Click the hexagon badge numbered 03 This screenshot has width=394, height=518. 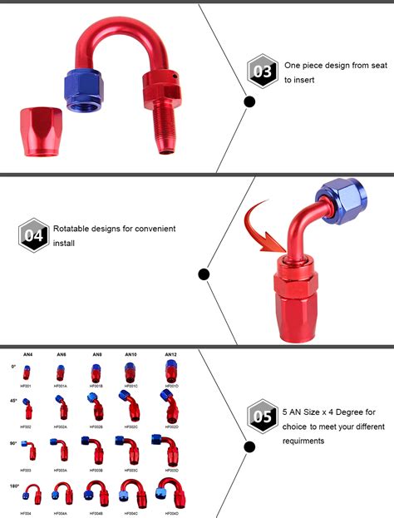[263, 72]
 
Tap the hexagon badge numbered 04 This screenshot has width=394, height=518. [33, 236]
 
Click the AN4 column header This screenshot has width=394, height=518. [27, 355]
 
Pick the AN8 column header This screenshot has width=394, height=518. [96, 355]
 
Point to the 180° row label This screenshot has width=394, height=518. [13, 484]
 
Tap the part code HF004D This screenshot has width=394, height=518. [170, 513]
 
